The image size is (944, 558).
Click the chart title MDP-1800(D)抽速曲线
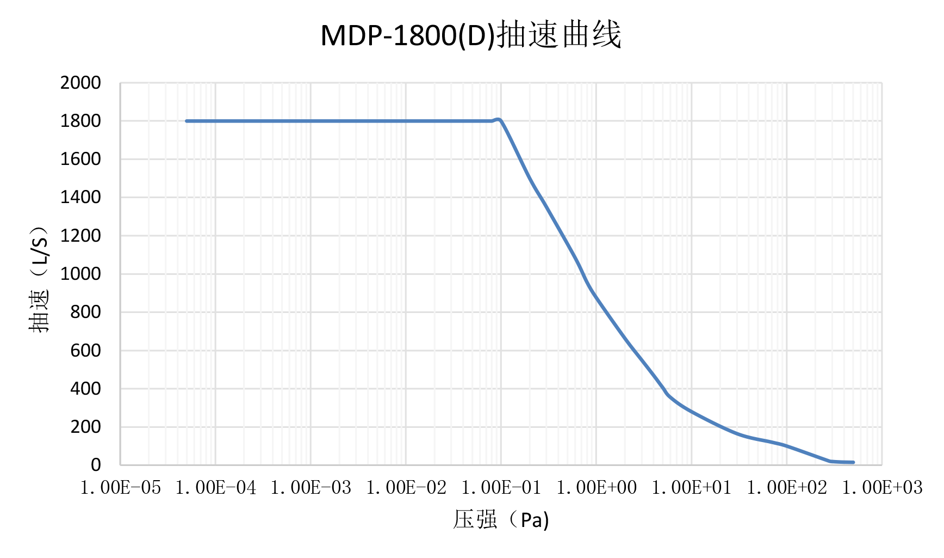[471, 35]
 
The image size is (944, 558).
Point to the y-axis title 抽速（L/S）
[39, 279]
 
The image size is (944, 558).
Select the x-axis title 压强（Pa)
[501, 520]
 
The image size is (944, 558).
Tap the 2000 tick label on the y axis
[80, 83]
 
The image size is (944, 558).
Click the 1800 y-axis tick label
[80, 121]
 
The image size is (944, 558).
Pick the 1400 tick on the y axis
[80, 197]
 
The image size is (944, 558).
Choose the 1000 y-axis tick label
[80, 274]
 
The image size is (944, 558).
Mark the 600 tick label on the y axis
[85, 351]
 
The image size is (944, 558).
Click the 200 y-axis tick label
[85, 427]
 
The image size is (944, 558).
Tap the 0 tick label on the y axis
[96, 465]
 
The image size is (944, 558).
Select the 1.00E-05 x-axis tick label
[121, 488]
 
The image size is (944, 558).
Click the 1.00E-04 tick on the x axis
[216, 488]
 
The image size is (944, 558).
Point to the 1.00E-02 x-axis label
[406, 488]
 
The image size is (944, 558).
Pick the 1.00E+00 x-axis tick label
[597, 488]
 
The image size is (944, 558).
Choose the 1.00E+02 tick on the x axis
[787, 488]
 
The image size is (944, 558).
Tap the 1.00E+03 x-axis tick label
[882, 488]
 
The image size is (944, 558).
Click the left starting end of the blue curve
[187, 121]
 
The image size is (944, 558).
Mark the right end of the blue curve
[853, 462]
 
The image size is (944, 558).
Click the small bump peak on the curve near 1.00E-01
[498, 119]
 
